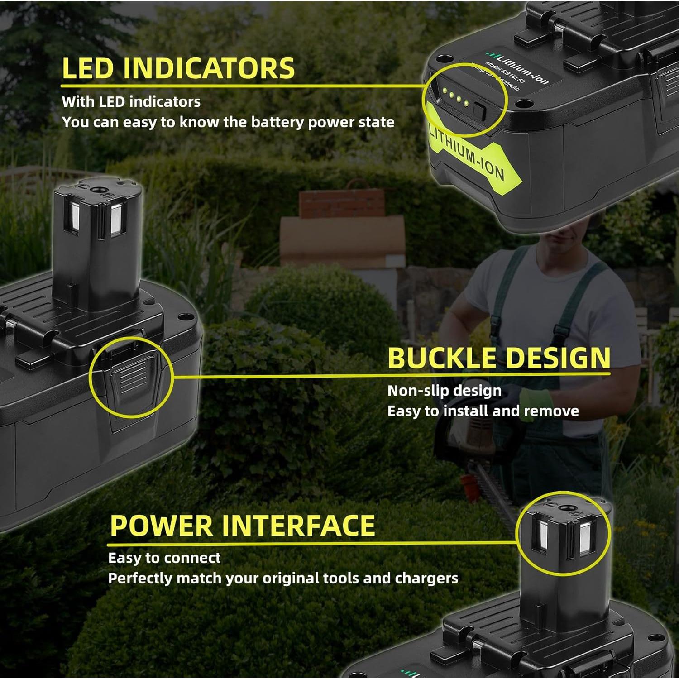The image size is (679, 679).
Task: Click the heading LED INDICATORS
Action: pyautogui.click(x=178, y=68)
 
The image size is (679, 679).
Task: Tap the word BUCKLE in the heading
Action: pyautogui.click(x=442, y=359)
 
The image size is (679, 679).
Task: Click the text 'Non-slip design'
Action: pyautogui.click(x=444, y=391)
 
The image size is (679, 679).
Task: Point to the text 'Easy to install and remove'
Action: pyautogui.click(x=483, y=411)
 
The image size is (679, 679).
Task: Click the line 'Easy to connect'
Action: pyautogui.click(x=164, y=558)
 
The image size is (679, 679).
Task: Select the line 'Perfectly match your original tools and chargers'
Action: pyautogui.click(x=283, y=579)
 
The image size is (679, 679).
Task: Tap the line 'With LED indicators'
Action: pyautogui.click(x=131, y=101)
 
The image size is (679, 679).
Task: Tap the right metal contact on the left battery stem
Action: pyautogui.click(x=116, y=220)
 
